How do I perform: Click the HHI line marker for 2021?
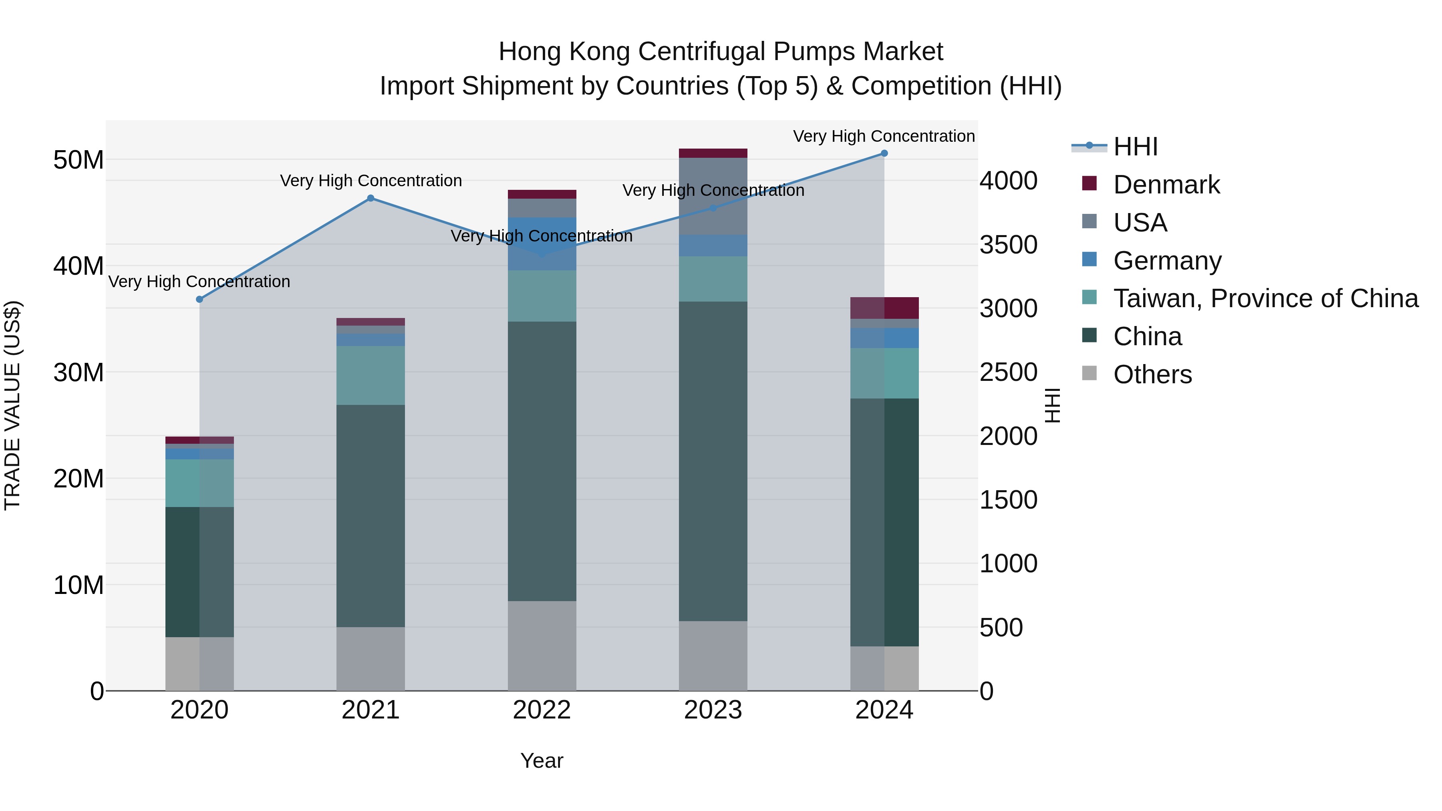click(x=371, y=198)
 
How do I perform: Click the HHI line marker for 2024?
click(x=884, y=153)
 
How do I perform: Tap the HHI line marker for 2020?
click(x=199, y=300)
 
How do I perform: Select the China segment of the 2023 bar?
click(x=713, y=461)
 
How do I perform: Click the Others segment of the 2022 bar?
click(x=542, y=646)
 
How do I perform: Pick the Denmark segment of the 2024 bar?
click(x=884, y=308)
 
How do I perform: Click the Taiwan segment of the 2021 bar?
click(x=371, y=376)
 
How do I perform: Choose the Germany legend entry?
click(x=1167, y=261)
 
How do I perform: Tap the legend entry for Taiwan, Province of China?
click(x=1265, y=299)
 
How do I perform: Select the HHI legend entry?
click(x=1135, y=147)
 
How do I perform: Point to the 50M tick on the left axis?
click(x=79, y=161)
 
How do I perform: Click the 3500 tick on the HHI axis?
click(x=1008, y=245)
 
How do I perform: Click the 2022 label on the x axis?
click(x=542, y=710)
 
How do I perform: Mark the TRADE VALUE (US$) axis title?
click(x=13, y=405)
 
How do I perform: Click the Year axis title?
click(x=542, y=761)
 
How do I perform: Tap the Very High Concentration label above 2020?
click(x=199, y=282)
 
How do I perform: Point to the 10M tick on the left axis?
click(x=79, y=586)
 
